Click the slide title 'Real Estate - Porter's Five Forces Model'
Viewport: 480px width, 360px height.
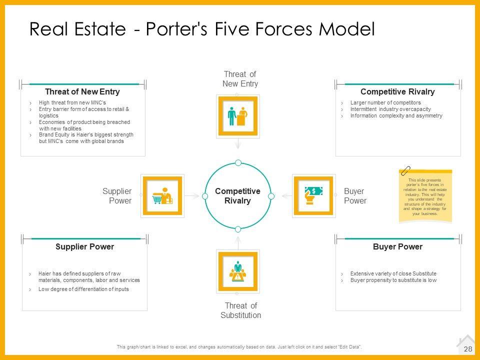click(202, 29)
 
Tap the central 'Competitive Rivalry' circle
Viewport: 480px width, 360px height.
click(238, 196)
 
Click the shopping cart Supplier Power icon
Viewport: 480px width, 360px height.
click(162, 195)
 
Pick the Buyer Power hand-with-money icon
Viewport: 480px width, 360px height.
click(313, 195)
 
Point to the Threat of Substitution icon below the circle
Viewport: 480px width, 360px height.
click(238, 271)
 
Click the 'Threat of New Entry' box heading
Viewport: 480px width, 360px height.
click(82, 92)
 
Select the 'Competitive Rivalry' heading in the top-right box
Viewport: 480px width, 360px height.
click(397, 92)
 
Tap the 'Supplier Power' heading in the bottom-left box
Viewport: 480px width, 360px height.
click(84, 247)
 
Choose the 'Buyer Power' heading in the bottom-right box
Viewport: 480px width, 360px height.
click(397, 247)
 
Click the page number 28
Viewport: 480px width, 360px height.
click(468, 349)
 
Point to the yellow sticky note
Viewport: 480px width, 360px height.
click(425, 196)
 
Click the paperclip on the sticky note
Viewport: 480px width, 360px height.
click(405, 170)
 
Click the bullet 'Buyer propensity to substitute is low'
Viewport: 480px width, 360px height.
click(393, 280)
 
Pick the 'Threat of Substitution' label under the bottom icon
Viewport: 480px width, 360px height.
click(240, 310)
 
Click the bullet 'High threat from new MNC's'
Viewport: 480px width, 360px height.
click(72, 103)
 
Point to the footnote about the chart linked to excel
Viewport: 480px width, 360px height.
click(239, 347)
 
